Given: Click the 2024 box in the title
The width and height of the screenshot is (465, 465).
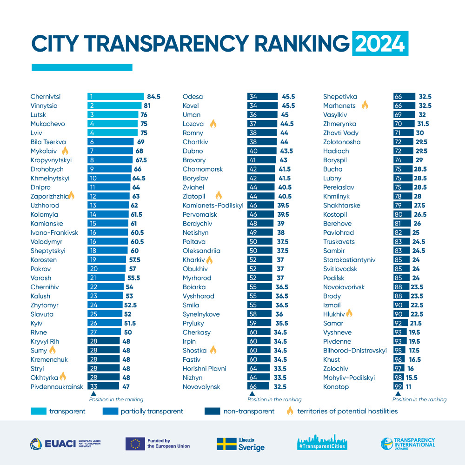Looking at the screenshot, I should (380, 43).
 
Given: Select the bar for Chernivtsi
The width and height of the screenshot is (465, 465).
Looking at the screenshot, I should (116, 97).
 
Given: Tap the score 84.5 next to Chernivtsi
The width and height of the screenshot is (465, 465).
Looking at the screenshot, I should (153, 97).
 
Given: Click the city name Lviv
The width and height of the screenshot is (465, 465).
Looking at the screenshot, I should (37, 133).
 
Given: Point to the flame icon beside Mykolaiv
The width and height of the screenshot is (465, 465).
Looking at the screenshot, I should (65, 151).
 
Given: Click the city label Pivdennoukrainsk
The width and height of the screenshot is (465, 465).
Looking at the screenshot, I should (57, 387).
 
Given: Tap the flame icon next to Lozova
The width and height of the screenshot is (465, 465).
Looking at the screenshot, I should (213, 124).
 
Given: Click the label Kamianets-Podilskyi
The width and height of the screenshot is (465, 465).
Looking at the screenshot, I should (213, 206).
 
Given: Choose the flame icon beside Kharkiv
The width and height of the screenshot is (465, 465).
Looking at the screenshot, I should (209, 259).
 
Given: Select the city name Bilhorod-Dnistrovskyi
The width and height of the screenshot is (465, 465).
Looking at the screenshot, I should (355, 351).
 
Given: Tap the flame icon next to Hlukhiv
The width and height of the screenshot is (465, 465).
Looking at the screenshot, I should (349, 314).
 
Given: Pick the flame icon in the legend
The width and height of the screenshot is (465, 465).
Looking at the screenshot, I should (290, 411).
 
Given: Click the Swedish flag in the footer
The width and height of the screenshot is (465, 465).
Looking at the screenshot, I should (226, 444).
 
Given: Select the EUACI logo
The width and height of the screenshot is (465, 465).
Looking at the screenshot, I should (65, 444).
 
